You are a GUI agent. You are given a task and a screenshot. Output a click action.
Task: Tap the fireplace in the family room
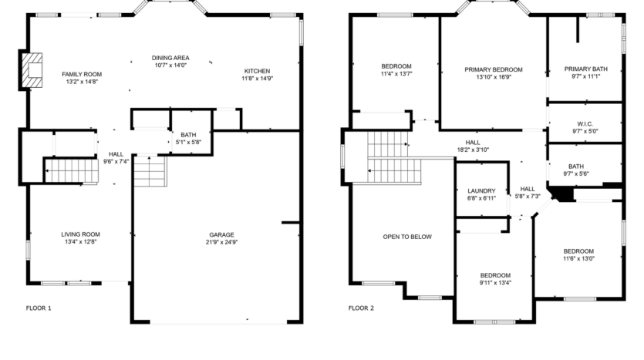tap(32, 69)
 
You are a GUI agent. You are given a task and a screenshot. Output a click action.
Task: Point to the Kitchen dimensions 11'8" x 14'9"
tap(257, 78)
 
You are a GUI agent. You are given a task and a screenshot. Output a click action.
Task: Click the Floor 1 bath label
tap(187, 135)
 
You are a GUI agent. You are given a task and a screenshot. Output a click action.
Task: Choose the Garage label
tap(221, 234)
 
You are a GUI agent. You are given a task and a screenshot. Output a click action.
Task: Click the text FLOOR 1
tap(39, 308)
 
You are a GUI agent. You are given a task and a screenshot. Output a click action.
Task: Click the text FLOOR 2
tap(361, 308)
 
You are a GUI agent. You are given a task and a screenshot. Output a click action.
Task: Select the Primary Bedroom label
tap(494, 69)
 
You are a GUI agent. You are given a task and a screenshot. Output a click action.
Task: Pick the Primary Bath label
tap(585, 69)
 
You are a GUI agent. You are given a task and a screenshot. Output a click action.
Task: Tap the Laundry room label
tap(481, 191)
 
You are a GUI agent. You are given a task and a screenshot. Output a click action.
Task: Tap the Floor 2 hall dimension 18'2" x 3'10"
tap(473, 150)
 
